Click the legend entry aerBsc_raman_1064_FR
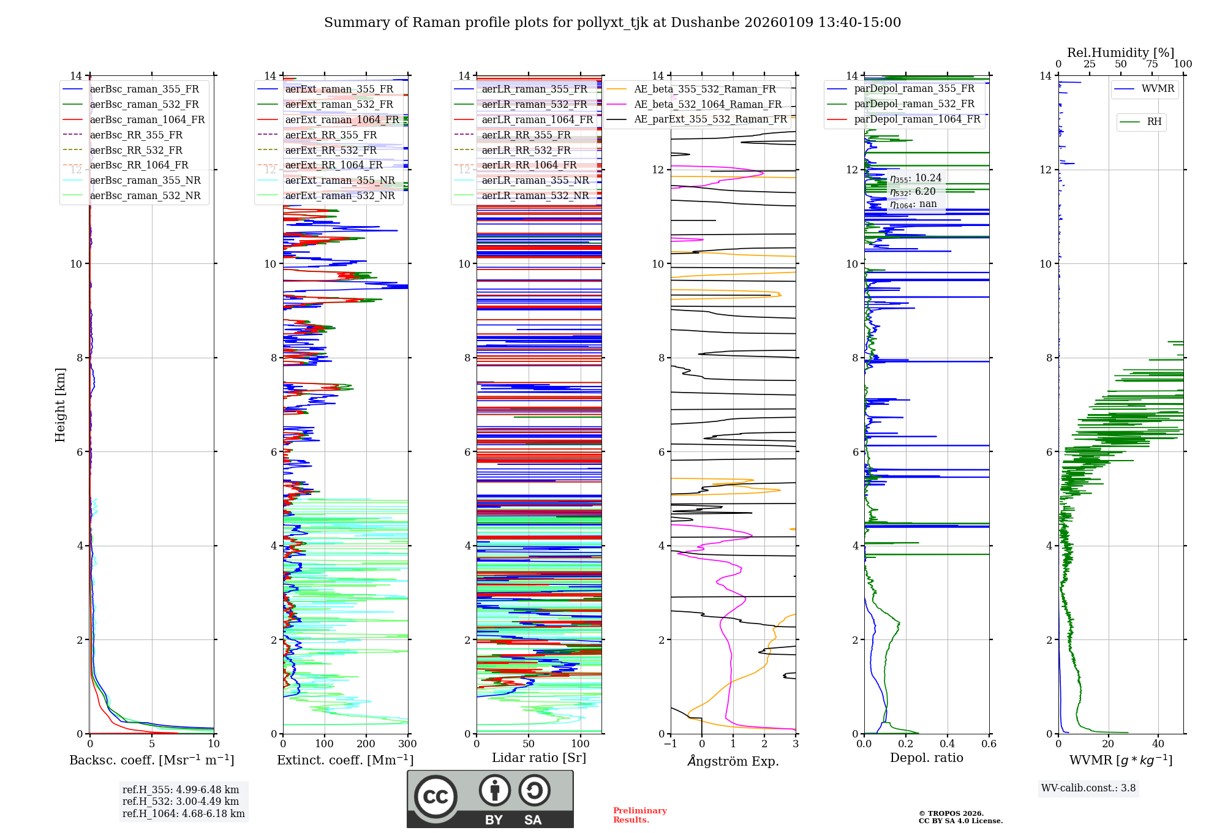147,120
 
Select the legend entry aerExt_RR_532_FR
331,150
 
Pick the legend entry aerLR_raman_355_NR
535,180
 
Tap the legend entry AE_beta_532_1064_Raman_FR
707,105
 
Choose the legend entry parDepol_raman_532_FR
914,104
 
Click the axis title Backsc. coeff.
151,760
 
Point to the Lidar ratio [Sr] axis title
538,758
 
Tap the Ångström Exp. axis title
733,761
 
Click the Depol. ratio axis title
926,758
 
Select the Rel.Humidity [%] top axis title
1120,53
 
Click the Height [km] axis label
60,404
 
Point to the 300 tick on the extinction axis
407,744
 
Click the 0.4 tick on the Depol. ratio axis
947,744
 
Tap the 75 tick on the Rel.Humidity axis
1151,64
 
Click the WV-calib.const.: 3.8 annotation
1088,788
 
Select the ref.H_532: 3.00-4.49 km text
181,802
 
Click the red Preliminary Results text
639,815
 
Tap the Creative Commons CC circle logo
435,797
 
